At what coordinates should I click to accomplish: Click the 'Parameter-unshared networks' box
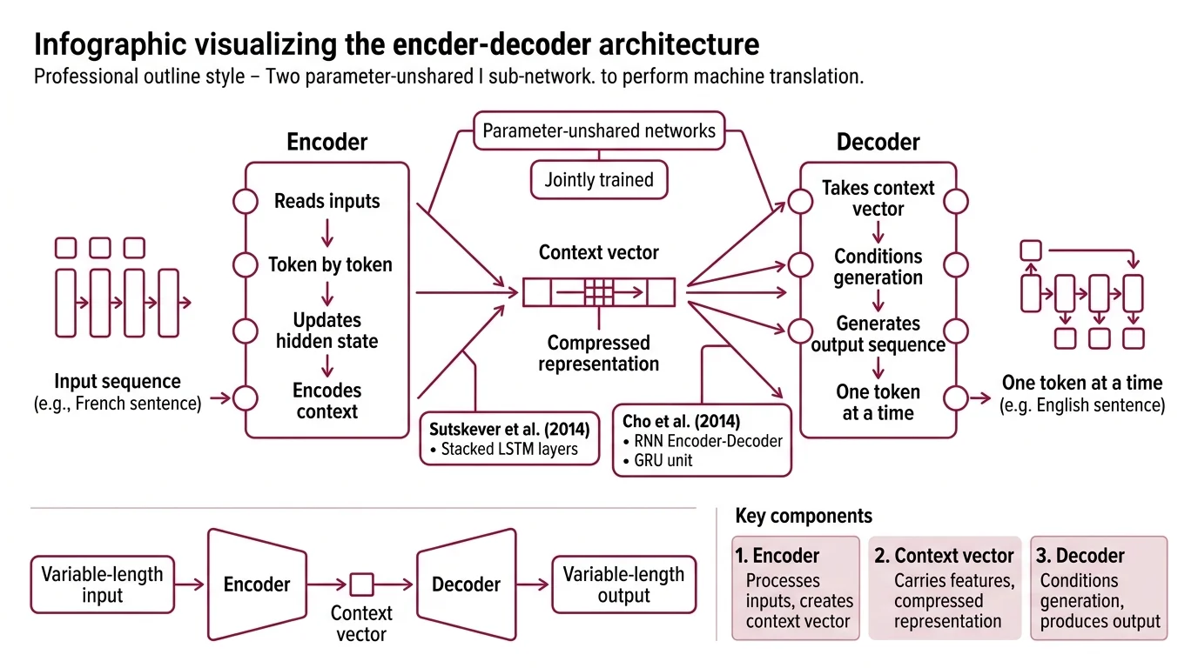pyautogui.click(x=599, y=131)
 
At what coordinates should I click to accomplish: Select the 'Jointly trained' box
pyautogui.click(x=599, y=180)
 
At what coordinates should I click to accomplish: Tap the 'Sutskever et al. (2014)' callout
pyautogui.click(x=509, y=438)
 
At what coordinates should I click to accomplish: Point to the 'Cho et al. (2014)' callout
pyautogui.click(x=702, y=440)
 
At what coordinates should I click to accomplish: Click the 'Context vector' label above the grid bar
pyautogui.click(x=599, y=253)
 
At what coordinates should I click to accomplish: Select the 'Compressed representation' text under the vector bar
pyautogui.click(x=599, y=353)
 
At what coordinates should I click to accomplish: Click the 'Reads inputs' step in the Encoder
pyautogui.click(x=327, y=202)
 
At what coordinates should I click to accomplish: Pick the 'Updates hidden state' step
pyautogui.click(x=327, y=331)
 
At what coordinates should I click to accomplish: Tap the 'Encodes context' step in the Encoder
pyautogui.click(x=327, y=401)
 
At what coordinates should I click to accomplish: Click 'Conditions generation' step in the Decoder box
pyautogui.click(x=878, y=267)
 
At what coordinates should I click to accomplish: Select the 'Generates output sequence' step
pyautogui.click(x=878, y=334)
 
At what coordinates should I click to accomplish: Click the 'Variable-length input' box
pyautogui.click(x=102, y=584)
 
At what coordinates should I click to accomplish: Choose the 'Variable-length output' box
pyautogui.click(x=623, y=584)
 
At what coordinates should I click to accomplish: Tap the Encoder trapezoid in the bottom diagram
pyautogui.click(x=257, y=584)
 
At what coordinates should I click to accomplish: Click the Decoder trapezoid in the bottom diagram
pyautogui.click(x=467, y=584)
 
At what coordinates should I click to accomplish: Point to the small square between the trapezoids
pyautogui.click(x=361, y=584)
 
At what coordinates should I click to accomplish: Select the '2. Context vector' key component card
pyautogui.click(x=945, y=588)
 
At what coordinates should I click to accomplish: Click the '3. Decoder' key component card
pyautogui.click(x=1099, y=588)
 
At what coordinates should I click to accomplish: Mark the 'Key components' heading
pyautogui.click(x=804, y=516)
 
